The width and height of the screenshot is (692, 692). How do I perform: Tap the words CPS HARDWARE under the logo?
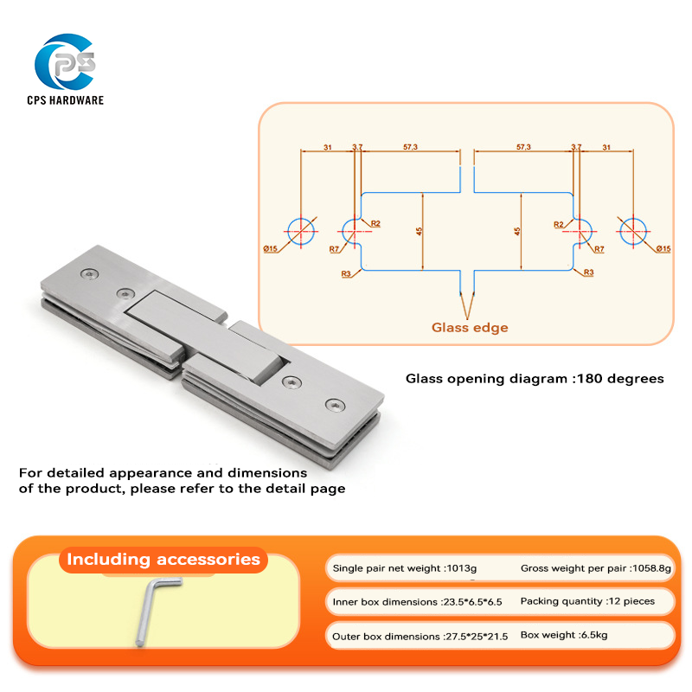pyautogui.click(x=66, y=100)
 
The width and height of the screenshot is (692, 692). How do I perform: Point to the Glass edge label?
pyautogui.click(x=470, y=328)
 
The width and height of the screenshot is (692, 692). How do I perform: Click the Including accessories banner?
pyautogui.click(x=163, y=560)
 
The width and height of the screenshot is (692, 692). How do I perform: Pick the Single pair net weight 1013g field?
pyautogui.click(x=404, y=569)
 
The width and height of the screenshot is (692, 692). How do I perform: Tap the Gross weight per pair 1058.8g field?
pyautogui.click(x=595, y=568)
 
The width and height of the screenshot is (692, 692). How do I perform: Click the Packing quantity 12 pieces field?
pyautogui.click(x=587, y=601)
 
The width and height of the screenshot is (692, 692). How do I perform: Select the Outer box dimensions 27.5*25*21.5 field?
pyautogui.click(x=420, y=636)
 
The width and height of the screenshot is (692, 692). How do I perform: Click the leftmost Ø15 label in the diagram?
pyautogui.click(x=270, y=249)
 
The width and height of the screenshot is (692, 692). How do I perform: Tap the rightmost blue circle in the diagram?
pyautogui.click(x=632, y=230)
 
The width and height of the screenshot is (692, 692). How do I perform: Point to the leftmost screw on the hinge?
pyautogui.click(x=90, y=274)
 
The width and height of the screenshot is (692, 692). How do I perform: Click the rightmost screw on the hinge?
pyautogui.click(x=333, y=404)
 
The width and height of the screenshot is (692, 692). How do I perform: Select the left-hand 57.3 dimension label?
pyautogui.click(x=410, y=147)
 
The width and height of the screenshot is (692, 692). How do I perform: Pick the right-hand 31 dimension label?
pyautogui.click(x=605, y=147)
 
